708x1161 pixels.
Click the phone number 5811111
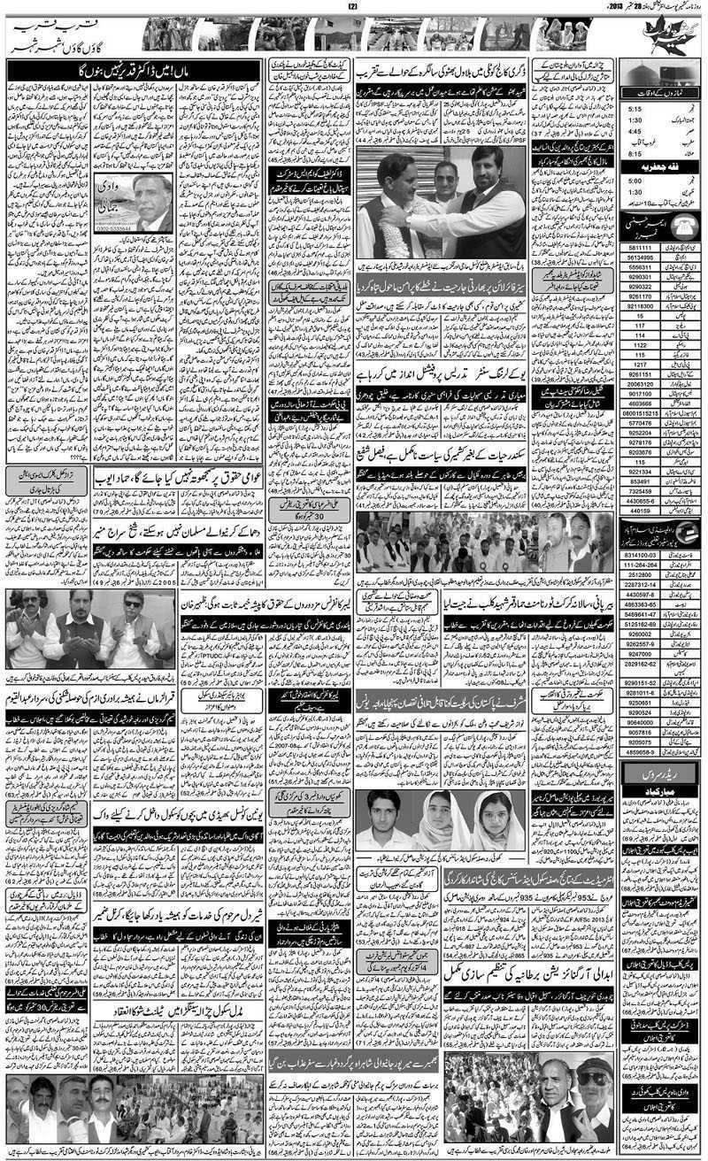point(639,249)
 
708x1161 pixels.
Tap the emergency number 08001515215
point(639,413)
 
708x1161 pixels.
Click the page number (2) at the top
point(353,8)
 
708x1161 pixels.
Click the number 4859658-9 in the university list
point(639,751)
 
